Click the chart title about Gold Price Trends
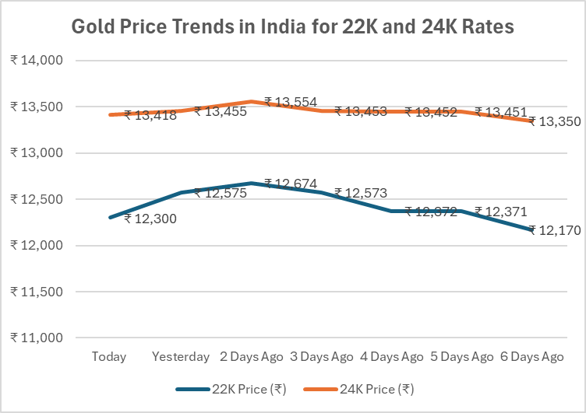point(293,26)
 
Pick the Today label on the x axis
point(109,357)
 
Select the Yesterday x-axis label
point(181,357)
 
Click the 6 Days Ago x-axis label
point(532,357)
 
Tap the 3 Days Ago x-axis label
point(321,357)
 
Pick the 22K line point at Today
point(111,218)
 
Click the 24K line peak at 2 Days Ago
point(251,101)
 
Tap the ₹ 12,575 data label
point(221,193)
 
